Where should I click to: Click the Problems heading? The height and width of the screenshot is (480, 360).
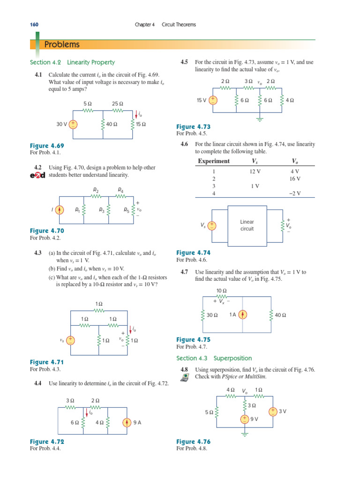click(62, 45)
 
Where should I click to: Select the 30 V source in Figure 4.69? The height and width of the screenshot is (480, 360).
click(74, 124)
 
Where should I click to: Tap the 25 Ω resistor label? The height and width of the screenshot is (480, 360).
click(117, 104)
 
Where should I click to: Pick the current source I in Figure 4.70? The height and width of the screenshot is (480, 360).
click(60, 210)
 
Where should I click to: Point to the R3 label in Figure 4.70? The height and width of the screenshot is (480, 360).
click(102, 210)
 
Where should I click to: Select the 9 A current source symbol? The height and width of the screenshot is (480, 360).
click(127, 422)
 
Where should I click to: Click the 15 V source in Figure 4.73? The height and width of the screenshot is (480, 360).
click(213, 100)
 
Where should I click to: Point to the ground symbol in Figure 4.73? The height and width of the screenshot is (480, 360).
click(260, 119)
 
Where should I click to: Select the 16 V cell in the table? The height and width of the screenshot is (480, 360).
click(295, 179)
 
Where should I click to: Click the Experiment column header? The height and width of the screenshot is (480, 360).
click(214, 161)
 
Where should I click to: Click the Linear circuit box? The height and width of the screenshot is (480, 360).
click(247, 225)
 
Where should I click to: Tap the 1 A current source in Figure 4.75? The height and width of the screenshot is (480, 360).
click(243, 315)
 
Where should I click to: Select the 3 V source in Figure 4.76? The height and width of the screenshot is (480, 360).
click(272, 411)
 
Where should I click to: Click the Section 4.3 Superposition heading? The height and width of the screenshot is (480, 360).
click(214, 358)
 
